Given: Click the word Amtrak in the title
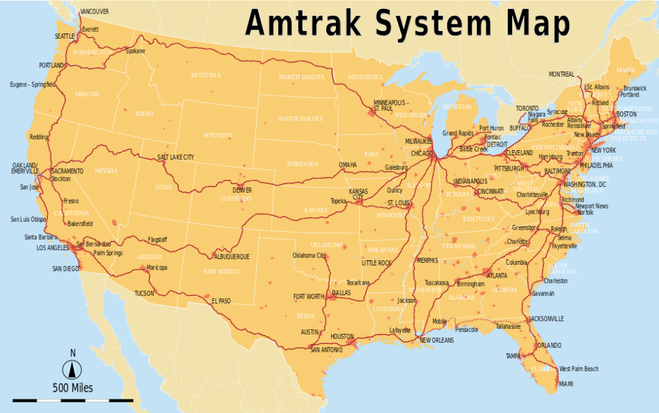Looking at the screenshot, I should tap(306, 23).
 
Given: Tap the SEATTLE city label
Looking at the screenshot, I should tap(64, 36).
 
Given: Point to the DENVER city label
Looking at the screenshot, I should tap(243, 190).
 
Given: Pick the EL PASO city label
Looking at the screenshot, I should tap(221, 300).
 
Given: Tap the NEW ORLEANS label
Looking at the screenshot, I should tap(438, 340).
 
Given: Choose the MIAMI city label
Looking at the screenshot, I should tap(566, 384).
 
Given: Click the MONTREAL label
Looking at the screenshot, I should tap(561, 74).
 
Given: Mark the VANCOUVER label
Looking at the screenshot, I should tap(95, 12).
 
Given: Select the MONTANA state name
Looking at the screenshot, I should tap(205, 75).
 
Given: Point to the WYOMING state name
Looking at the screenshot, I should tap(218, 135).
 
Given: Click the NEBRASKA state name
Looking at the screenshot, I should tap(302, 164).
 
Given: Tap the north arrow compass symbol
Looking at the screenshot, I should tap(73, 369).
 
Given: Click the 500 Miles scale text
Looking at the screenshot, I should tap(73, 388).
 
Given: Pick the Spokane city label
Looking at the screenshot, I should tap(135, 51).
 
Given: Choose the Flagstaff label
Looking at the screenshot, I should tap(157, 240).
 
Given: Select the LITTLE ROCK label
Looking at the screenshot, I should tap(376, 263).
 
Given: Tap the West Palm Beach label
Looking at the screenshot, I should tap(579, 369).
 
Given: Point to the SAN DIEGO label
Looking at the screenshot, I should tap(66, 268).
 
